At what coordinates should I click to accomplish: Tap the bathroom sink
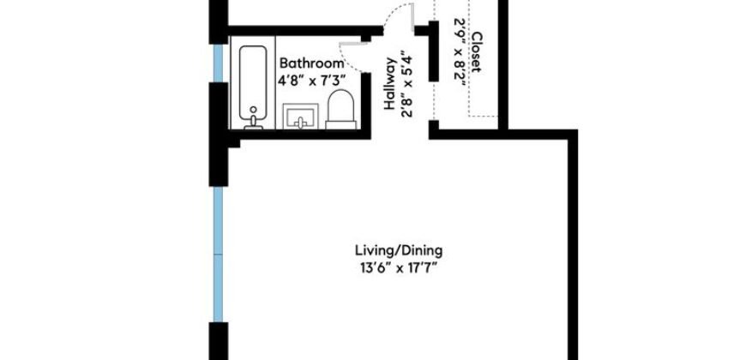point(300,117)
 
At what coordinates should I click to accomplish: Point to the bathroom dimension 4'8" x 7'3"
point(311,80)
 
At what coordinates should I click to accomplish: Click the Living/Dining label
point(398,250)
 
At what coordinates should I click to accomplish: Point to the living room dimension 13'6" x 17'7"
point(398,267)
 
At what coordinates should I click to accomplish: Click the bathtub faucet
point(252,123)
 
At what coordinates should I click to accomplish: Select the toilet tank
point(340,124)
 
